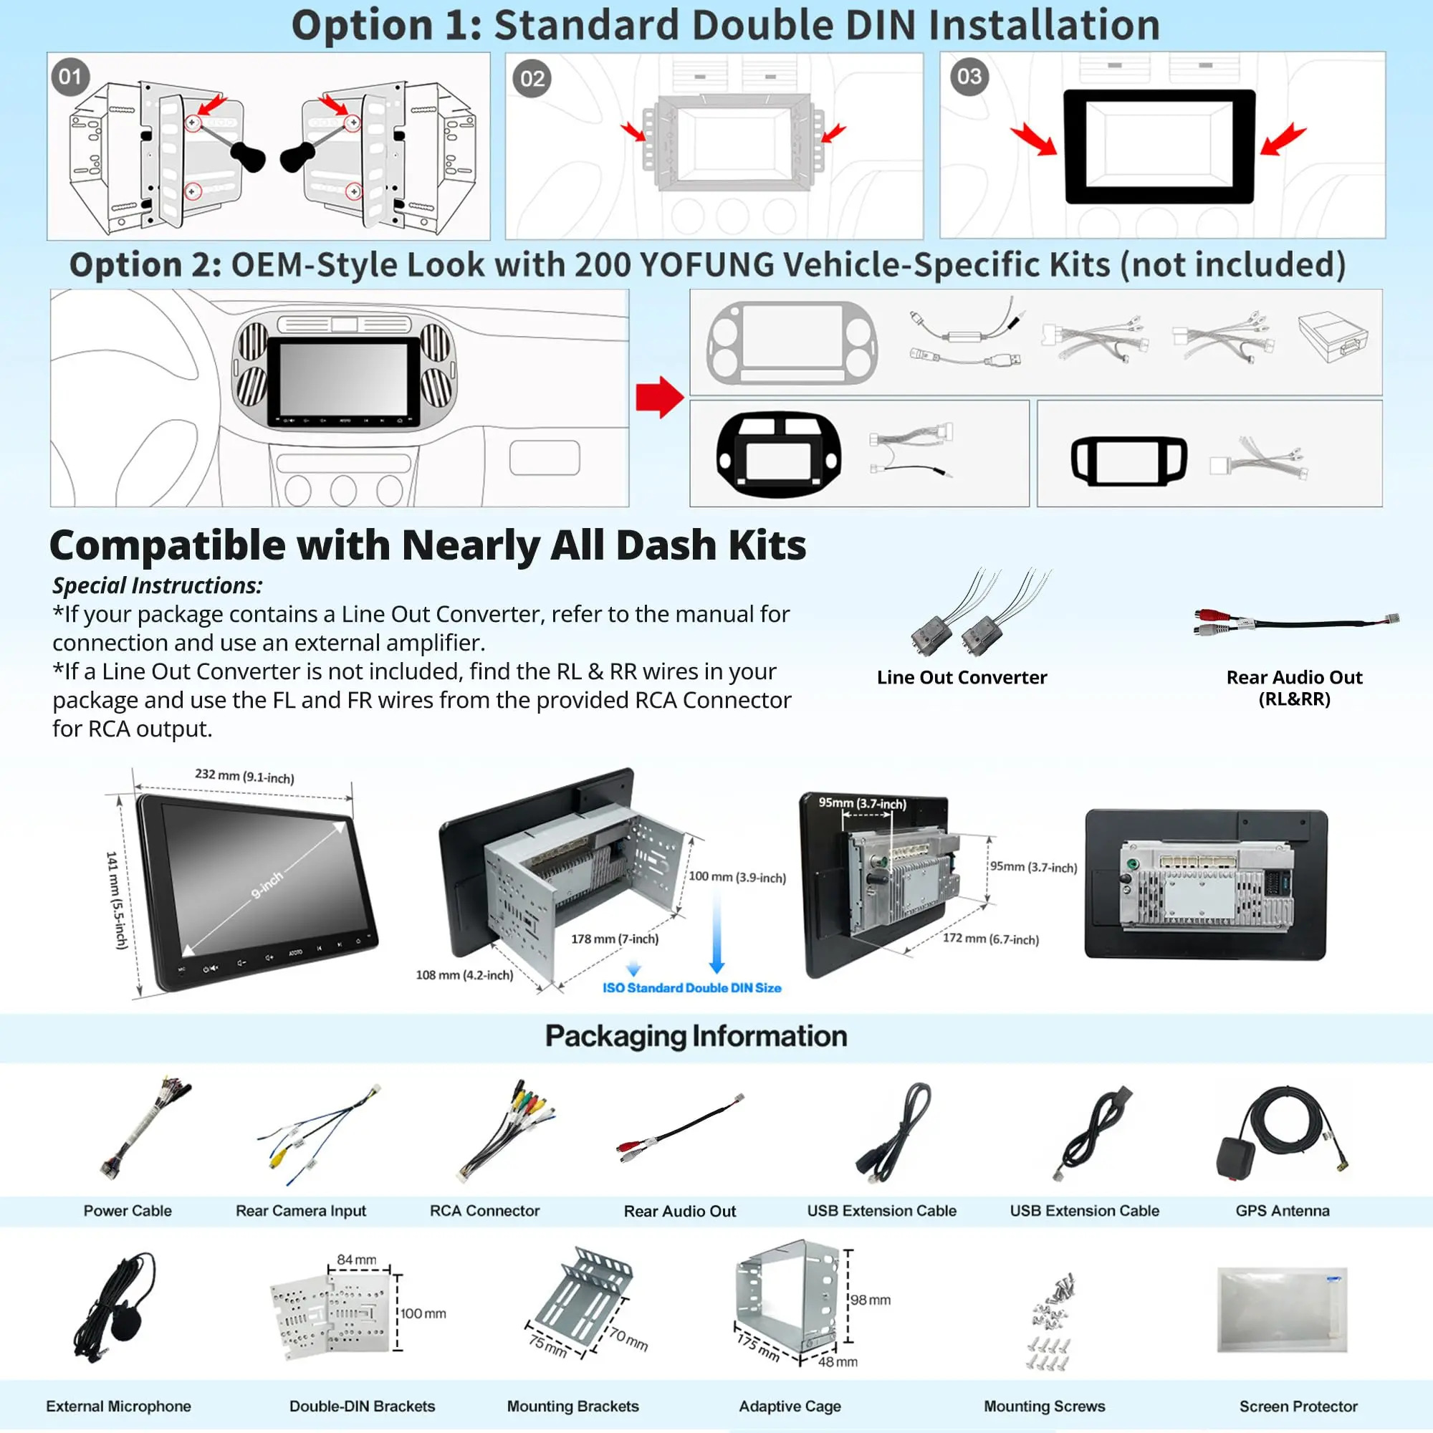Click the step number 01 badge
point(70,77)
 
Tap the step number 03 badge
point(969,77)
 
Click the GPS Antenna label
point(1283,1211)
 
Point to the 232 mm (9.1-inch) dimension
point(244,777)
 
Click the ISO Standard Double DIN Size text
point(691,988)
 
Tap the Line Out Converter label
point(962,677)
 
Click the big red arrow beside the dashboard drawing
point(658,397)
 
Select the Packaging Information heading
point(696,1036)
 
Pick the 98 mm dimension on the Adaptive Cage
point(870,1300)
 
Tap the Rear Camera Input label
point(300,1211)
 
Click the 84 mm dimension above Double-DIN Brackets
point(356,1260)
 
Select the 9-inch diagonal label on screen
point(267,886)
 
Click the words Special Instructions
point(157,586)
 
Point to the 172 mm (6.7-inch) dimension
point(990,939)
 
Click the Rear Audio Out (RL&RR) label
point(1293,688)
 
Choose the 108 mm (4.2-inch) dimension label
point(464,975)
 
